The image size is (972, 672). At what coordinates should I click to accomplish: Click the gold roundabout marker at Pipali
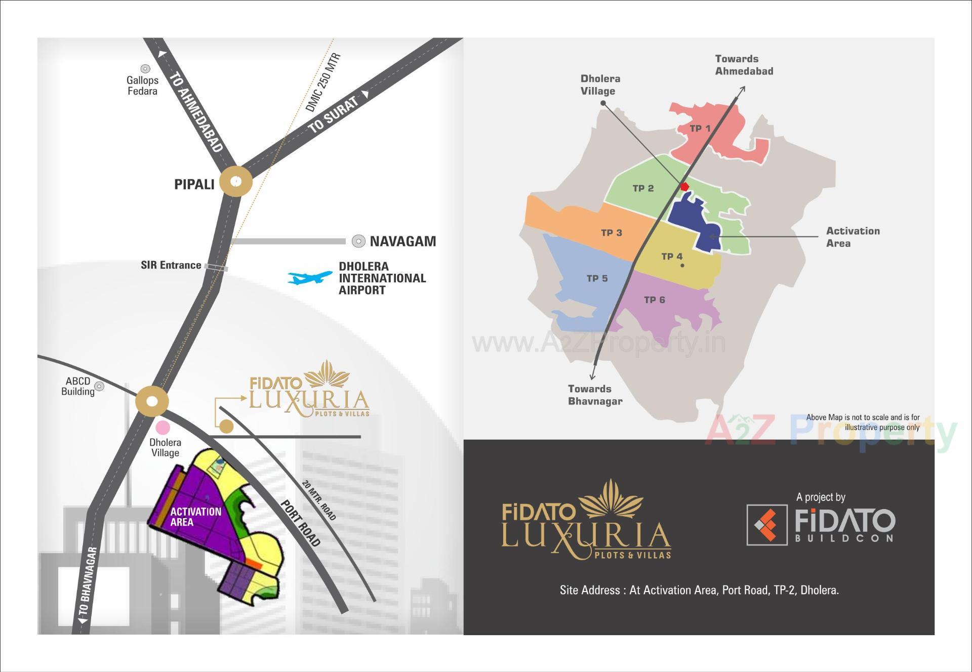[236, 181]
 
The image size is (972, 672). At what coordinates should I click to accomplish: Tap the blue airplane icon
[309, 277]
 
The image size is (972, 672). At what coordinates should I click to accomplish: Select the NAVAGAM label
[402, 241]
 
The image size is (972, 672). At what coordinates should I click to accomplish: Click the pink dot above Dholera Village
[163, 428]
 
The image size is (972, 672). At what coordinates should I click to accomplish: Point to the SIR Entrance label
[171, 265]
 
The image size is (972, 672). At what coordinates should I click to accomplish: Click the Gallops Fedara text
[142, 86]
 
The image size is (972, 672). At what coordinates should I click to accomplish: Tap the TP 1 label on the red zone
[700, 129]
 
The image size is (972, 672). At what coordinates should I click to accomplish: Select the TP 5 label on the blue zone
[597, 278]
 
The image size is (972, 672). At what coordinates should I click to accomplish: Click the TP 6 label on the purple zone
[654, 300]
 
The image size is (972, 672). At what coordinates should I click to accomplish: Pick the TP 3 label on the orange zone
[611, 233]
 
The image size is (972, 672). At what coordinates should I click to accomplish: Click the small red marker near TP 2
[684, 187]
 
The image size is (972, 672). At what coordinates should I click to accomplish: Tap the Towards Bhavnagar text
[595, 395]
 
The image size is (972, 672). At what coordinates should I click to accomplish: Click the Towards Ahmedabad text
[744, 65]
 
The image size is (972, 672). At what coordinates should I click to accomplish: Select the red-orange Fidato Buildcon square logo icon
[767, 525]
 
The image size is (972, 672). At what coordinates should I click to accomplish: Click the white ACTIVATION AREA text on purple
[195, 517]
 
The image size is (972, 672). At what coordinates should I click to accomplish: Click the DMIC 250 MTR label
[323, 82]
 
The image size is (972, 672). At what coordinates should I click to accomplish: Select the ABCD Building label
[78, 386]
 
